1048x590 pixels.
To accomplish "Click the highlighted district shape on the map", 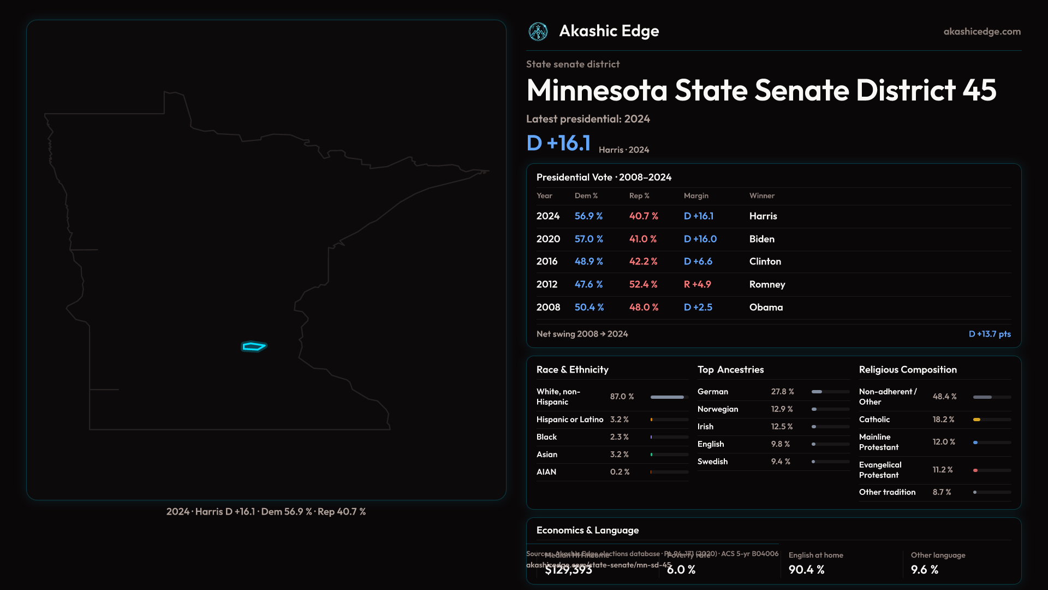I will pos(254,346).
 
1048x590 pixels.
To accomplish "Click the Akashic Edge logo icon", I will pos(538,32).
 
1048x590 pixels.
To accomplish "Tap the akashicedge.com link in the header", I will pos(982,32).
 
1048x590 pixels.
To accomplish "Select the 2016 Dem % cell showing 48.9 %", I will pos(588,262).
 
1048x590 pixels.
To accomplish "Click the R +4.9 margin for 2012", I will pos(697,285).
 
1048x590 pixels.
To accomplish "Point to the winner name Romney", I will pos(767,285).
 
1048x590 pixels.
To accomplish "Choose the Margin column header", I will pos(696,196).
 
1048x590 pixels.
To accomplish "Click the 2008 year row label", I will pos(548,308).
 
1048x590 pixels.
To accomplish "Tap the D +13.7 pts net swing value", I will pos(990,334).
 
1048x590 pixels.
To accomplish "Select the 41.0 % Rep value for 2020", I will pos(643,239).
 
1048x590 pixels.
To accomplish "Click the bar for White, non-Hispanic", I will pos(667,397).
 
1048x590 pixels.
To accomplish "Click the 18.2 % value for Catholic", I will pos(943,420).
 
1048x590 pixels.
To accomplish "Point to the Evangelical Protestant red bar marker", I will pos(975,470).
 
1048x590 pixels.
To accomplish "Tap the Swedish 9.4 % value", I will pos(781,462).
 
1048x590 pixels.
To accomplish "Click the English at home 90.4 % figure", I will pos(806,570).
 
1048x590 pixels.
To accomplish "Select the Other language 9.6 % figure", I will pos(924,570).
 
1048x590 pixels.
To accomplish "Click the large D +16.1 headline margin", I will pos(558,143).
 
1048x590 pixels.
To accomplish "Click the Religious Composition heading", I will pos(908,370).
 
